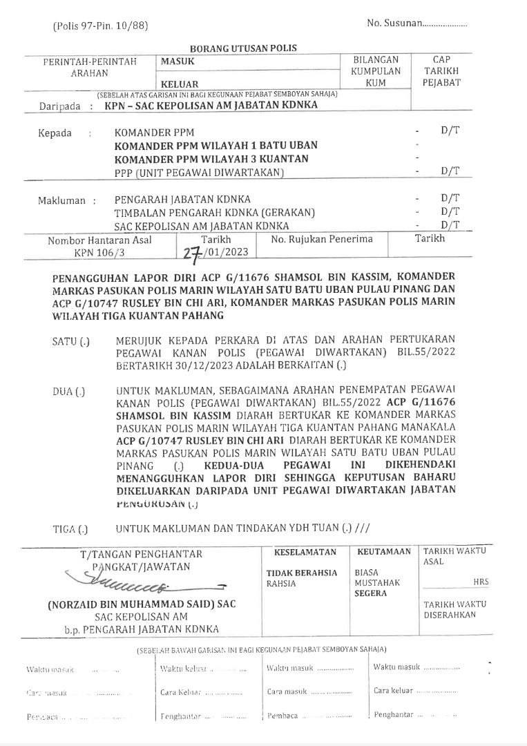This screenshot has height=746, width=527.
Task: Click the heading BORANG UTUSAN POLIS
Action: (242, 48)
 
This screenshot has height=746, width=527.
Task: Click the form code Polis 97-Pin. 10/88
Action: (100, 26)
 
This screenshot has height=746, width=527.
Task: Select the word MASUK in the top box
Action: (178, 61)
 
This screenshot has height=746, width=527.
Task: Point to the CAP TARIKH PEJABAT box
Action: (441, 71)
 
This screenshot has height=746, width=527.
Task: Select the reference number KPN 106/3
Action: (99, 253)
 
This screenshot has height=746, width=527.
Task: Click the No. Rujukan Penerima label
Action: (321, 239)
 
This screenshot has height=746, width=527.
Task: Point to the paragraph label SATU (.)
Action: (70, 341)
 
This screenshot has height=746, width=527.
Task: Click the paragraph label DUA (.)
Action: (69, 392)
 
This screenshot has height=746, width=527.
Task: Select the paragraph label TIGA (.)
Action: (70, 529)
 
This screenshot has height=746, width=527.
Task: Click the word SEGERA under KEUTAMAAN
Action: (370, 593)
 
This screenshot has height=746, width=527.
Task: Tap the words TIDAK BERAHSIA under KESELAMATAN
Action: (302, 573)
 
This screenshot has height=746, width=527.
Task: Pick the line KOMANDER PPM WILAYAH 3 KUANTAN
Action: (211, 159)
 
